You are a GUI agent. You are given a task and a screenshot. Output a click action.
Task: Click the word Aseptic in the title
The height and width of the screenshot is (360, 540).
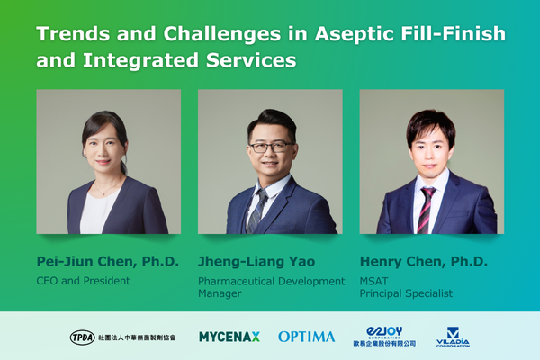coord(354,34)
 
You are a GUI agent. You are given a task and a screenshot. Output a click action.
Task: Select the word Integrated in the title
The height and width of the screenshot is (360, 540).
coord(141,60)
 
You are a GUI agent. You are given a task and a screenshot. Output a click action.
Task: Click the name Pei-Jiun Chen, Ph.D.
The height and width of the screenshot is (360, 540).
coord(108,262)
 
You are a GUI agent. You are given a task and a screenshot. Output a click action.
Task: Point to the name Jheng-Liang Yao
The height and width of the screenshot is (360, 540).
coord(256,262)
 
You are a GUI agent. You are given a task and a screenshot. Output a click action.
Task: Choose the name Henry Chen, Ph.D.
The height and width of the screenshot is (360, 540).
coord(424,262)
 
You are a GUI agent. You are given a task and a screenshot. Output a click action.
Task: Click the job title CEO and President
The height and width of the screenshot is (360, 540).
coord(84,281)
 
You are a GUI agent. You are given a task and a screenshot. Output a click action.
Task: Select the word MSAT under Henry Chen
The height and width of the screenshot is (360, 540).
coord(374,281)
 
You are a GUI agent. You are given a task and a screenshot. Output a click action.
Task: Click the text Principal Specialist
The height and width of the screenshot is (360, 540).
coord(406,293)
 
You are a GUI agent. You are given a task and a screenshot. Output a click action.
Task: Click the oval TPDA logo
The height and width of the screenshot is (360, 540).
coord(82,337)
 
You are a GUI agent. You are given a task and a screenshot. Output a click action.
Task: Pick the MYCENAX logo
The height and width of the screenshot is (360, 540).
coord(229,337)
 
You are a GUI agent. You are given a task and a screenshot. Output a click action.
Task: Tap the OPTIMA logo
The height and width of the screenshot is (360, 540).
coord(307,337)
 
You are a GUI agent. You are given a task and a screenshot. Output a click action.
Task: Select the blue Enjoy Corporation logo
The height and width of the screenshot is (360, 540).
coord(384,336)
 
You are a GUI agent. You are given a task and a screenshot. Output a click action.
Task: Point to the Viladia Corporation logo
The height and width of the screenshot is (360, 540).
coord(453,337)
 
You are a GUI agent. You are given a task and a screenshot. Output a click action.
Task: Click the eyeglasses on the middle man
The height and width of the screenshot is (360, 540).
coord(272,147)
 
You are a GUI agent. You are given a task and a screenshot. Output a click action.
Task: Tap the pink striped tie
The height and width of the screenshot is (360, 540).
coord(426,210)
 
